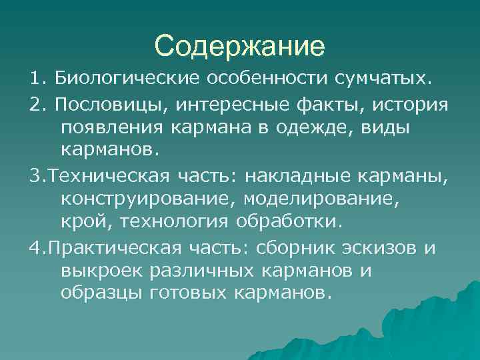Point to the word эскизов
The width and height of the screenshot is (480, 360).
click(377, 248)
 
